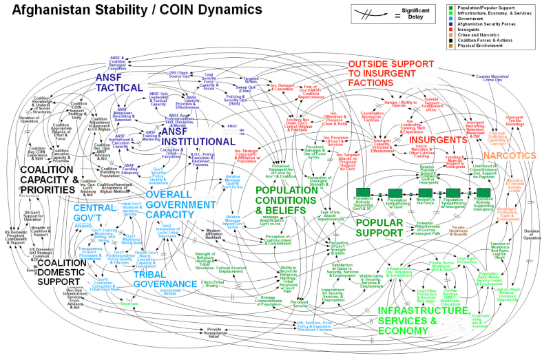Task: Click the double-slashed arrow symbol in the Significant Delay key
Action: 369,12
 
